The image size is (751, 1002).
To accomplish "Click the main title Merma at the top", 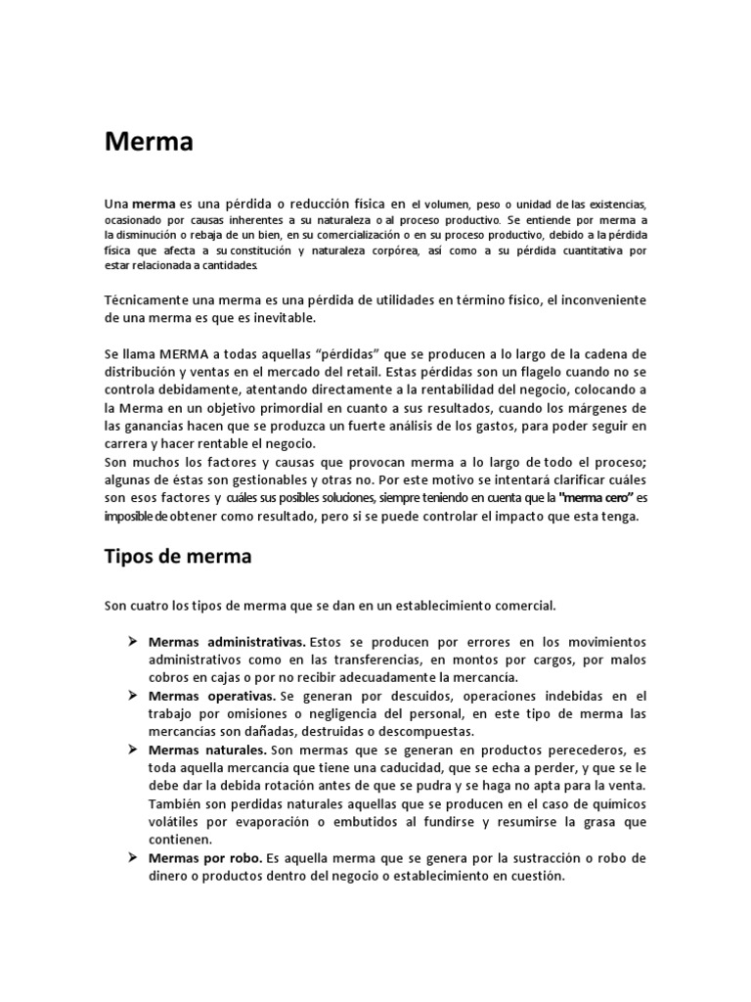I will tap(149, 143).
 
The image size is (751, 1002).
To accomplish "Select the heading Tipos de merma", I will tap(177, 556).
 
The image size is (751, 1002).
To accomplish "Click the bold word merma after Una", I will tap(154, 205).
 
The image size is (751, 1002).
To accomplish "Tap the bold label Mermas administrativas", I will tap(227, 643).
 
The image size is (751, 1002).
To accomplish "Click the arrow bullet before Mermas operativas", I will tap(131, 696).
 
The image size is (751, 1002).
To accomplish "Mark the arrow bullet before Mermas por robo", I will tap(131, 858).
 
